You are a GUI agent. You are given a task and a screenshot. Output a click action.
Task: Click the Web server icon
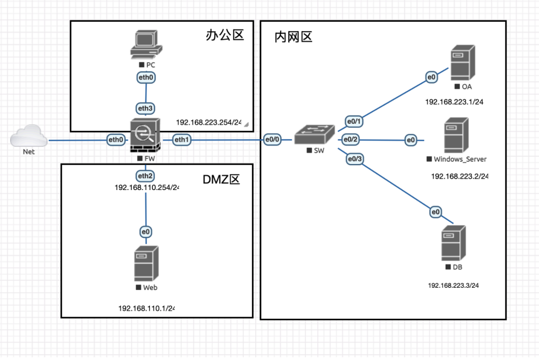click(146, 263)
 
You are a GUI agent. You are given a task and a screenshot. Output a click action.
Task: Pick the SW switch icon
click(315, 135)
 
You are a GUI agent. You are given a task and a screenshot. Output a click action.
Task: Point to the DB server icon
click(453, 244)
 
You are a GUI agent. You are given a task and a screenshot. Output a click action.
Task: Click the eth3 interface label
click(145, 109)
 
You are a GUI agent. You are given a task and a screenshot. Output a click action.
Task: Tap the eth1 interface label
click(181, 141)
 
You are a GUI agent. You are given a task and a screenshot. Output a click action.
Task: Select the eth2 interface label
click(145, 176)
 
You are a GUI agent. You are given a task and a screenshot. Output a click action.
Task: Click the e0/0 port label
click(272, 141)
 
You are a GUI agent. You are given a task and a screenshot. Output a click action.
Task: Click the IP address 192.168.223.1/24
click(454, 102)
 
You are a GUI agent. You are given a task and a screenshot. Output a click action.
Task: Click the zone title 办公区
click(225, 36)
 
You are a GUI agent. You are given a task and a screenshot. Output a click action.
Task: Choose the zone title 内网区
click(294, 37)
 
